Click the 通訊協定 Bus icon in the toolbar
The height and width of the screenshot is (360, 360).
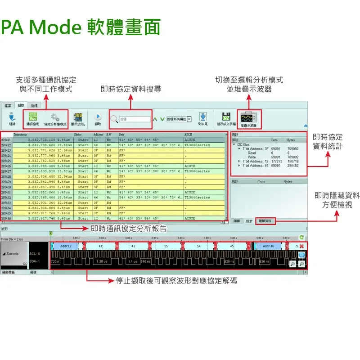click(x=33, y=117)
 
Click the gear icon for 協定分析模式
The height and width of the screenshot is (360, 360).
click(x=55, y=117)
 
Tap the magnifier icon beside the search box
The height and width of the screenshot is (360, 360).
click(x=114, y=119)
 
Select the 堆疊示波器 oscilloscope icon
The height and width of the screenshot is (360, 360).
click(x=247, y=117)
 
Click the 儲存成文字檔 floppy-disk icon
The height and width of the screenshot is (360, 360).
click(x=226, y=117)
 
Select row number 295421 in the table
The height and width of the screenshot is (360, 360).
click(x=6, y=140)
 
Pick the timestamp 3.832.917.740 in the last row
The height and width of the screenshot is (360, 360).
click(x=41, y=218)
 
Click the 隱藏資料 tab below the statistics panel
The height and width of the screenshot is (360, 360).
click(x=265, y=221)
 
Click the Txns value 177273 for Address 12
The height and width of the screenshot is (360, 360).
click(x=276, y=161)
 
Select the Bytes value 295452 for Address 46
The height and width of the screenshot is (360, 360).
click(x=292, y=165)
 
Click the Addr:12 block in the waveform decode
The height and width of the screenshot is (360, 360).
click(x=66, y=246)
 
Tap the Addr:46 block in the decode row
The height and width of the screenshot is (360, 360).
click(x=269, y=246)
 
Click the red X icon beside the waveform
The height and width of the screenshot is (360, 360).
click(x=301, y=246)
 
